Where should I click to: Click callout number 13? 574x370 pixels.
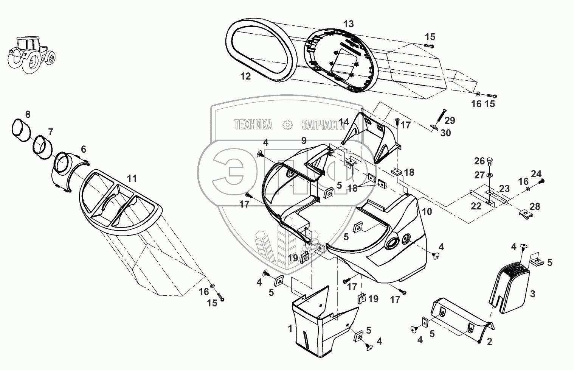348,24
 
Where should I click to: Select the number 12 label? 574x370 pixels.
245,76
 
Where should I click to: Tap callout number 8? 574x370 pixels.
28,114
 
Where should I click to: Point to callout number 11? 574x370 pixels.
132,178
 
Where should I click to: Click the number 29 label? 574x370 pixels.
450,120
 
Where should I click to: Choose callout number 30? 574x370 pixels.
446,133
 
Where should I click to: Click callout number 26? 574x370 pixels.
479,161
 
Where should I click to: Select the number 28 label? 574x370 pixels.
535,206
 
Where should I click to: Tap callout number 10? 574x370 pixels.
427,212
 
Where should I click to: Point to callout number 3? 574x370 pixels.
532,294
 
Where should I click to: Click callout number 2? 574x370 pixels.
489,342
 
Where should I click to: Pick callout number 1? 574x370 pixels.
290,328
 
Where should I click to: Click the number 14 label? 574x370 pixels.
344,122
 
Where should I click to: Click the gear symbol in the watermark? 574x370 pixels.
288,125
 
